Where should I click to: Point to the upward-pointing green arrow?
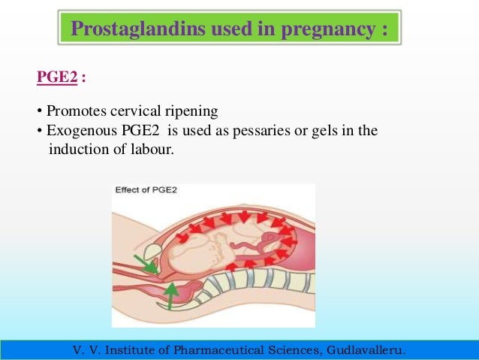(x=172, y=295)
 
